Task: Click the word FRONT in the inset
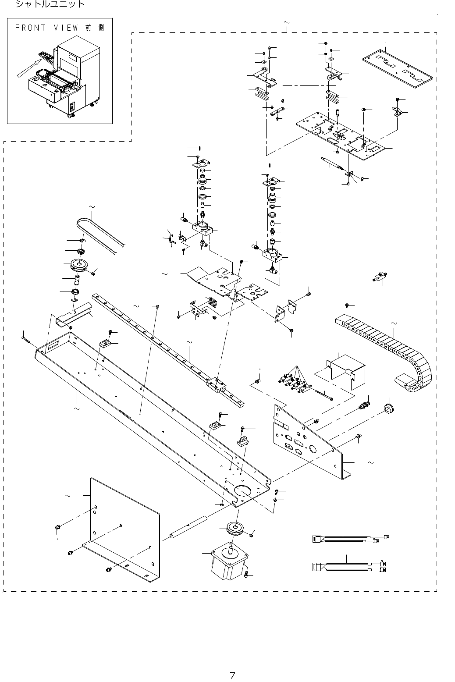click(31, 28)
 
